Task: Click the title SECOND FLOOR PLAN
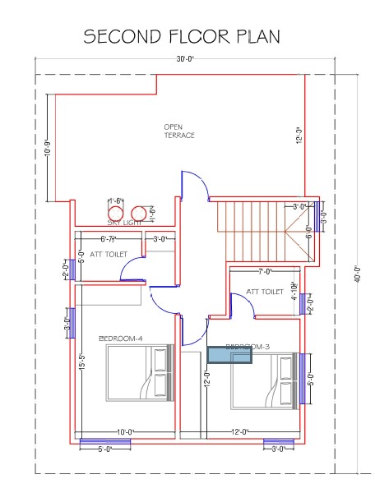coord(182,36)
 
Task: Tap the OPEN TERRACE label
coord(179,131)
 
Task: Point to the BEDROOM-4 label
coord(121,338)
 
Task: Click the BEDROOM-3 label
coord(248,347)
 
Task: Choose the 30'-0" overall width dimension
coord(185,59)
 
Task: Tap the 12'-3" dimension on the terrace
coord(300,134)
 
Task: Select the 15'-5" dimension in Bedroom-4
coord(82,362)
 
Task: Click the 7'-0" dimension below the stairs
coord(265,271)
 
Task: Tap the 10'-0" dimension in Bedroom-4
coord(125,431)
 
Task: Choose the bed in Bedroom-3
coord(263,380)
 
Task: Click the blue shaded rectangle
coord(229,354)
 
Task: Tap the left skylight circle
coord(116,212)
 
